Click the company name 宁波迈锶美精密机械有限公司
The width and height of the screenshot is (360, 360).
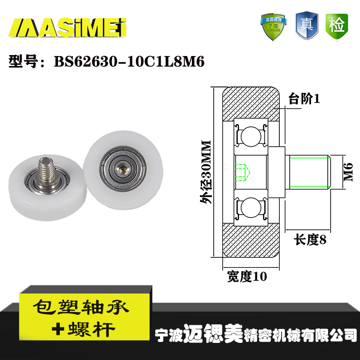tap(256, 333)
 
